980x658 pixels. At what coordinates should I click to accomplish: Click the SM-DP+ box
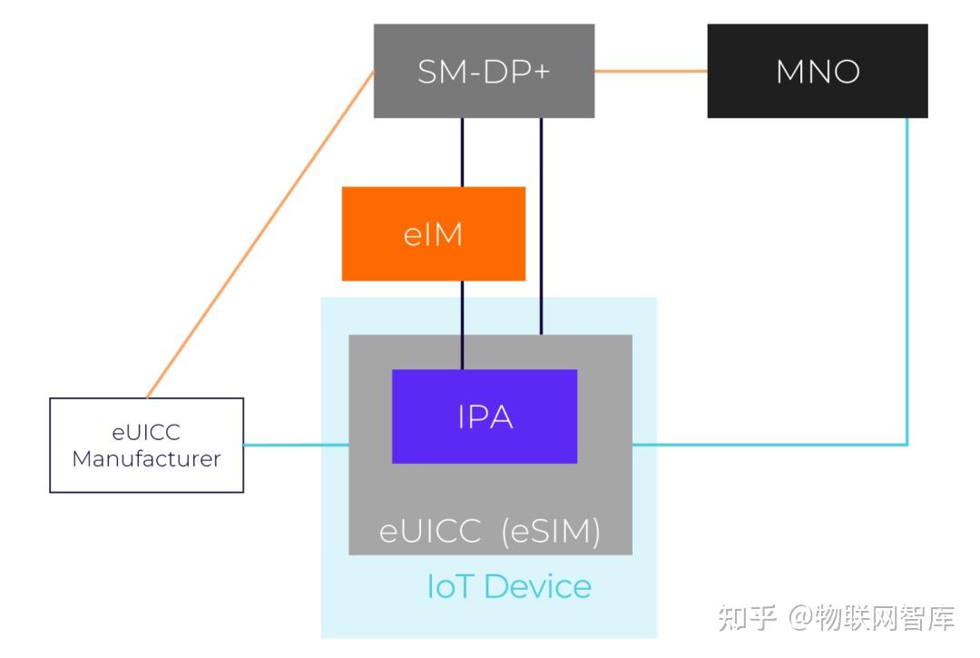pyautogui.click(x=484, y=71)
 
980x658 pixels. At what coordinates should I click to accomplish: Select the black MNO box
pyautogui.click(x=817, y=71)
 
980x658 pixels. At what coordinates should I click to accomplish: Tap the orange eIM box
pyautogui.click(x=433, y=233)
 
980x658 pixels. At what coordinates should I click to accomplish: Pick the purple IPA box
pyautogui.click(x=485, y=416)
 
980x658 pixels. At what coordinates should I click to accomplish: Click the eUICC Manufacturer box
pyautogui.click(x=146, y=445)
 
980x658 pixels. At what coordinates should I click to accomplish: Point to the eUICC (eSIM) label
pyautogui.click(x=490, y=532)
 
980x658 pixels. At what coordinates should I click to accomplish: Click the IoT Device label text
pyautogui.click(x=508, y=586)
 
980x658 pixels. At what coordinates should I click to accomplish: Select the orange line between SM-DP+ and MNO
pyautogui.click(x=651, y=71)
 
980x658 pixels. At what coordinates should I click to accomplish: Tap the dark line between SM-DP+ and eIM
pyautogui.click(x=462, y=152)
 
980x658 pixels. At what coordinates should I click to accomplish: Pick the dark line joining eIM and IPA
pyautogui.click(x=462, y=324)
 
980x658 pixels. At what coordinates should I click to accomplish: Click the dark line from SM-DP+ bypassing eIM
pyautogui.click(x=541, y=227)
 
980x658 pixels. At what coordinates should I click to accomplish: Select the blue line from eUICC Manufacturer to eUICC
pyautogui.click(x=297, y=445)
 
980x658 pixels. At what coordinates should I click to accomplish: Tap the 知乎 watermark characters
pyautogui.click(x=747, y=618)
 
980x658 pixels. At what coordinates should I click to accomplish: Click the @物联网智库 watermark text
pyautogui.click(x=870, y=618)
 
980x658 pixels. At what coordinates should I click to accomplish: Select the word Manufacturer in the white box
pyautogui.click(x=146, y=458)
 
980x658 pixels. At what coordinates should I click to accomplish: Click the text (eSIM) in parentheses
pyautogui.click(x=551, y=532)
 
